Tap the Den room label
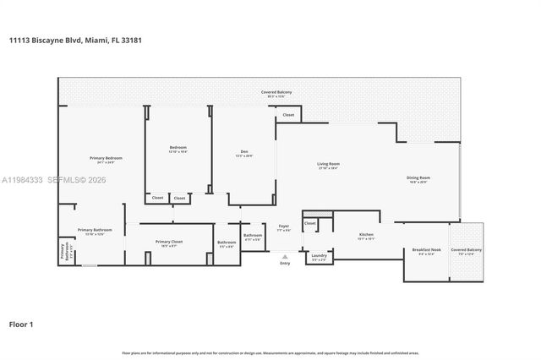pyautogui.click(x=243, y=152)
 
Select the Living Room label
pyautogui.click(x=328, y=164)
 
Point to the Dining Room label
pyautogui.click(x=418, y=177)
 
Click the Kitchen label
pyautogui.click(x=366, y=234)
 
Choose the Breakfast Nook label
pyautogui.click(x=424, y=250)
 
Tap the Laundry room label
pyautogui.click(x=319, y=255)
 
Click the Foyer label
pyautogui.click(x=284, y=226)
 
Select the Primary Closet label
pyautogui.click(x=169, y=242)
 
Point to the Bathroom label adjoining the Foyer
pyautogui.click(x=253, y=235)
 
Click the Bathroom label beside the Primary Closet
pyautogui.click(x=227, y=243)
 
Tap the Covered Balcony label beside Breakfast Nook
pyautogui.click(x=466, y=250)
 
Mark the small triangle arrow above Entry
pyautogui.click(x=285, y=254)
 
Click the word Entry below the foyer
pyautogui.click(x=285, y=263)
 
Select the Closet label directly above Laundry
pyautogui.click(x=310, y=223)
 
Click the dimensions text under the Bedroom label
pyautogui.click(x=178, y=152)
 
